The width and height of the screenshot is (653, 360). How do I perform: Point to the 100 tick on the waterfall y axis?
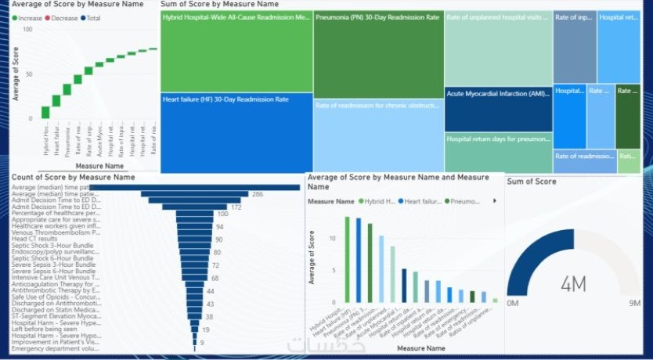(x=27, y=29)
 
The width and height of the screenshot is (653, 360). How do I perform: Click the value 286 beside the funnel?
(x=258, y=193)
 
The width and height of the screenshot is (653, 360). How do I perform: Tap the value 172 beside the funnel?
(x=236, y=207)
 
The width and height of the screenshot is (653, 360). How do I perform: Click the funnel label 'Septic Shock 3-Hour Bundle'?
(x=55, y=246)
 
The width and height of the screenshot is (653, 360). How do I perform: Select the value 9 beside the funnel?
(x=201, y=343)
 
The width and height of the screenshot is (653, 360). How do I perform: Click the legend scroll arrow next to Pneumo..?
(x=494, y=201)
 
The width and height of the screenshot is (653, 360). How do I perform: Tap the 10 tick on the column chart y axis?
(x=334, y=238)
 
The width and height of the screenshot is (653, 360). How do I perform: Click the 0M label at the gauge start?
(x=513, y=303)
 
